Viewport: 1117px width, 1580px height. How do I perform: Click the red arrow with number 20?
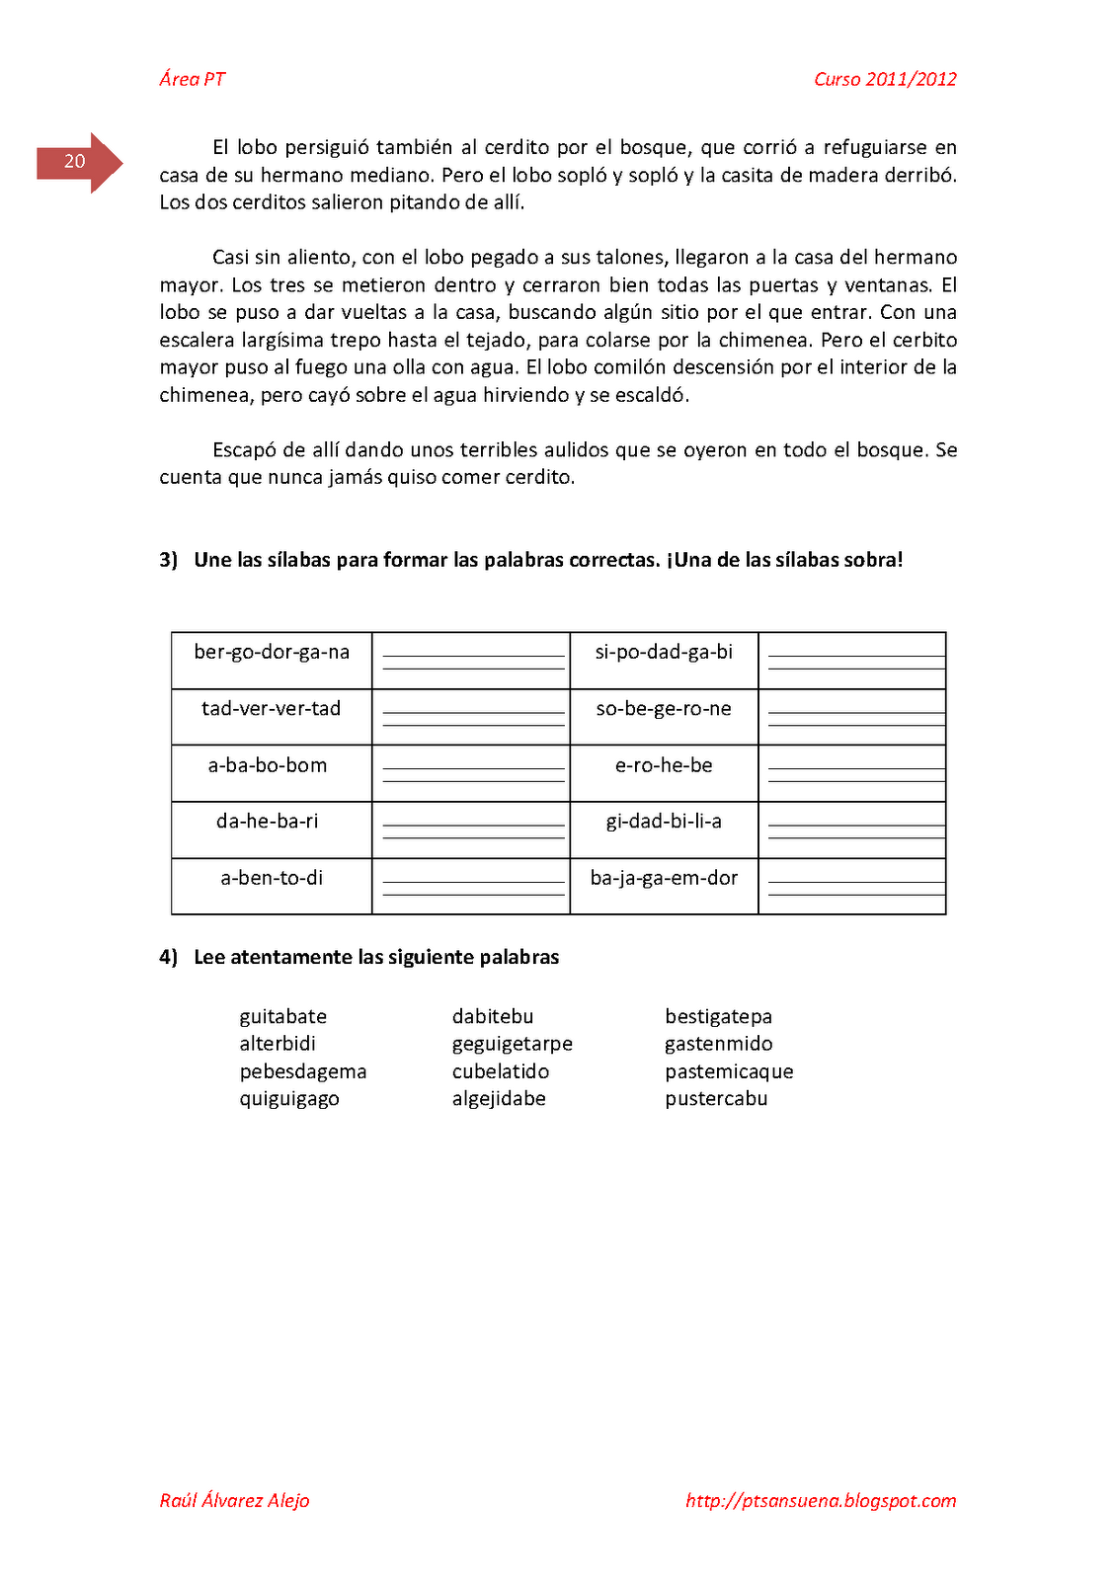point(79,162)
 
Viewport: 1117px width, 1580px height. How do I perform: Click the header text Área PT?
point(193,80)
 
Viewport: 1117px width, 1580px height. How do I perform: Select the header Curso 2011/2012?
point(885,80)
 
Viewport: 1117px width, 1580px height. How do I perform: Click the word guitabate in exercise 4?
point(282,1017)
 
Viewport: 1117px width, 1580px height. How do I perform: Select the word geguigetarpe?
point(512,1045)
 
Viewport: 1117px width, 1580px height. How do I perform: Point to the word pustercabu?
point(716,1099)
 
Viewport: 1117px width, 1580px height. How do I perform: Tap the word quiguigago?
point(289,1099)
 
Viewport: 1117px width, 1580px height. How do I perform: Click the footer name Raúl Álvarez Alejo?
point(235,1501)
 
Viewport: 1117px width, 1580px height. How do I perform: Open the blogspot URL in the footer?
point(821,1501)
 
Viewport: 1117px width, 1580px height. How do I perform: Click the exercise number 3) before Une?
point(168,560)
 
